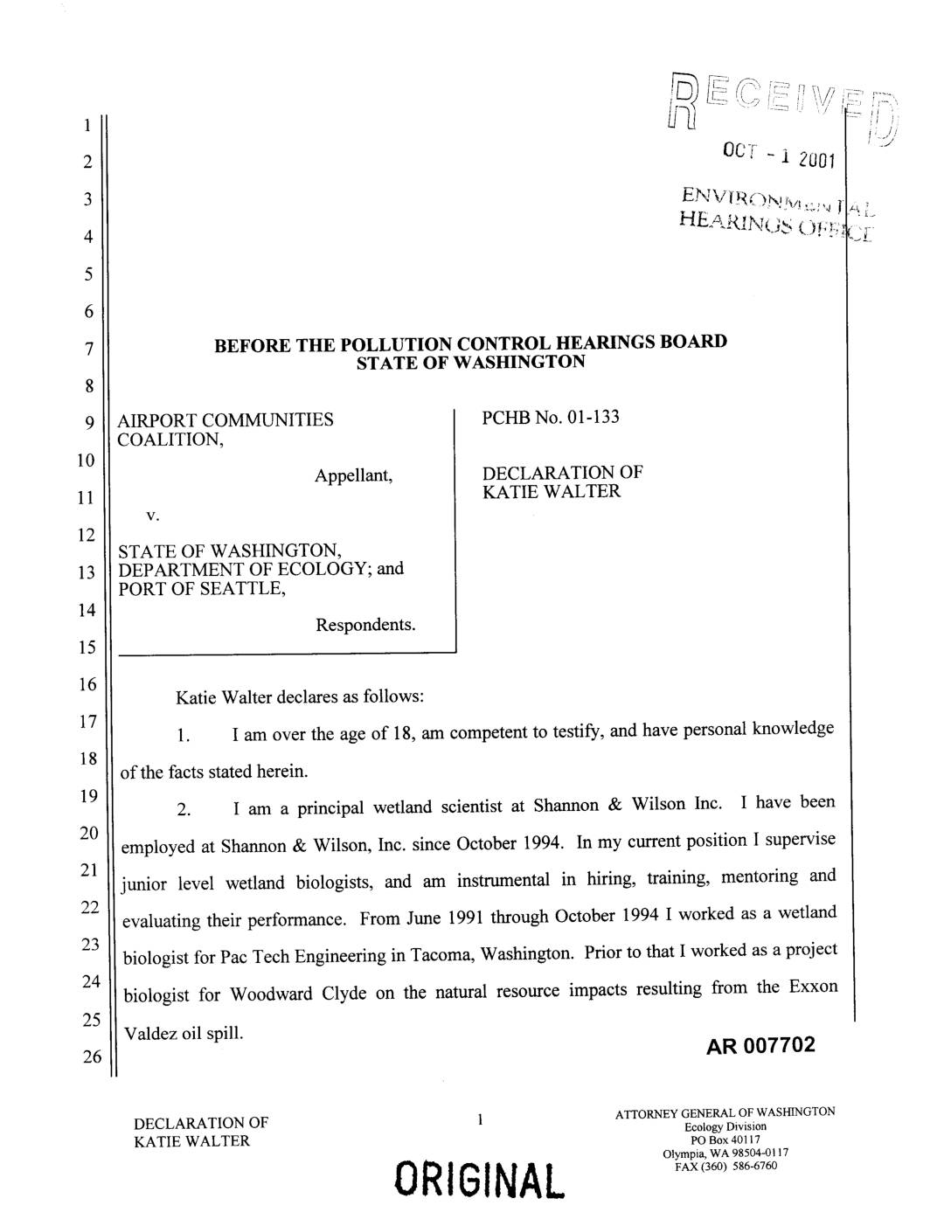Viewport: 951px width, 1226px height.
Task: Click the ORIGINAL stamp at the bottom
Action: (479, 1180)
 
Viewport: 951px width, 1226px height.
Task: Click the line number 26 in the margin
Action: (91, 1058)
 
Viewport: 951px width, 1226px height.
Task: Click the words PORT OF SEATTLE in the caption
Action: (202, 589)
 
